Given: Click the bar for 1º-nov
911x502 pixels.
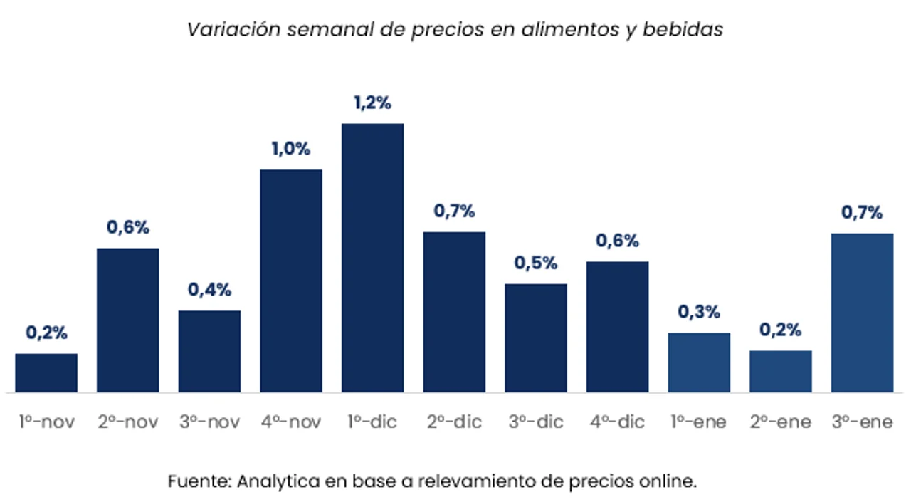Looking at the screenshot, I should coord(46,372).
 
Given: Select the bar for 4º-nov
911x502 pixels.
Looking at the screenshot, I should coord(291,281).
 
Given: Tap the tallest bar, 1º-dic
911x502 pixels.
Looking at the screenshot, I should coord(372,258).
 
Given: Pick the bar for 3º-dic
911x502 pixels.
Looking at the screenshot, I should coord(536,338).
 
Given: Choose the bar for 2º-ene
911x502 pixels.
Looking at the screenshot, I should coord(781,371).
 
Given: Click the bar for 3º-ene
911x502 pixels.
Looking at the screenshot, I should coord(862,313).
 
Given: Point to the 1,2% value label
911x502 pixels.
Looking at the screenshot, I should coord(372,103).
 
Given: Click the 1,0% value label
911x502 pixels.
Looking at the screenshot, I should coord(291,150).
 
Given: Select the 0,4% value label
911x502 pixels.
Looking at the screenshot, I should coord(209,291).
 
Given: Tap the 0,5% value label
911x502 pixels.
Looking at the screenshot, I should coord(536,263).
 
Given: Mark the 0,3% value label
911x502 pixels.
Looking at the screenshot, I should coord(699,313).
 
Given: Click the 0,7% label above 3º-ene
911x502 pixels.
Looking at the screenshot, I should coord(862,213).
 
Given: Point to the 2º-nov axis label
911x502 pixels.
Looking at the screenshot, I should coord(128,422).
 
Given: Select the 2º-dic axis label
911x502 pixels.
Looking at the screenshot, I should coord(454,422).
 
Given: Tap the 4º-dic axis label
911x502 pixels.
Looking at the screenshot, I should coord(617,422).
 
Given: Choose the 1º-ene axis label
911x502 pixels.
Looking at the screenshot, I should coord(699,422).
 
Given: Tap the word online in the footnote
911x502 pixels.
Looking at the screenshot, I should coord(672,481).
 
